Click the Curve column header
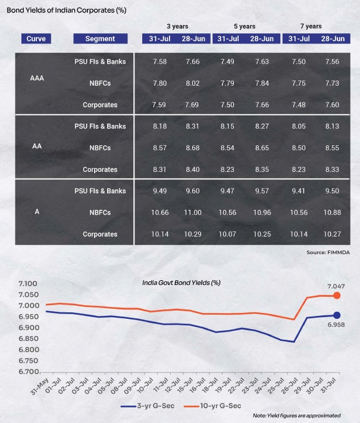[36, 39]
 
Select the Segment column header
[100, 39]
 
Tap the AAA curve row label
[37, 78]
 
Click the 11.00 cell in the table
[193, 212]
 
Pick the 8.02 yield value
[193, 83]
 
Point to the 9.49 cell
[159, 191]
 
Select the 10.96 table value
[262, 212]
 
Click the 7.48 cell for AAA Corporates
[299, 105]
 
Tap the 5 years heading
[245, 26]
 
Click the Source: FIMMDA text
[328, 252]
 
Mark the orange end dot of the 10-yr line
[337, 296]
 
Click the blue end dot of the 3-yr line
[337, 315]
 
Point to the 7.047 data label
[336, 286]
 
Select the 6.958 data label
[336, 325]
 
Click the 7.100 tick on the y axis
[28, 284]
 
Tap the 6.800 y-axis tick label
[29, 350]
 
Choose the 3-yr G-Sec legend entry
[148, 406]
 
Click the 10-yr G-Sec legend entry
[212, 406]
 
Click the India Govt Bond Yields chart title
[181, 283]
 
